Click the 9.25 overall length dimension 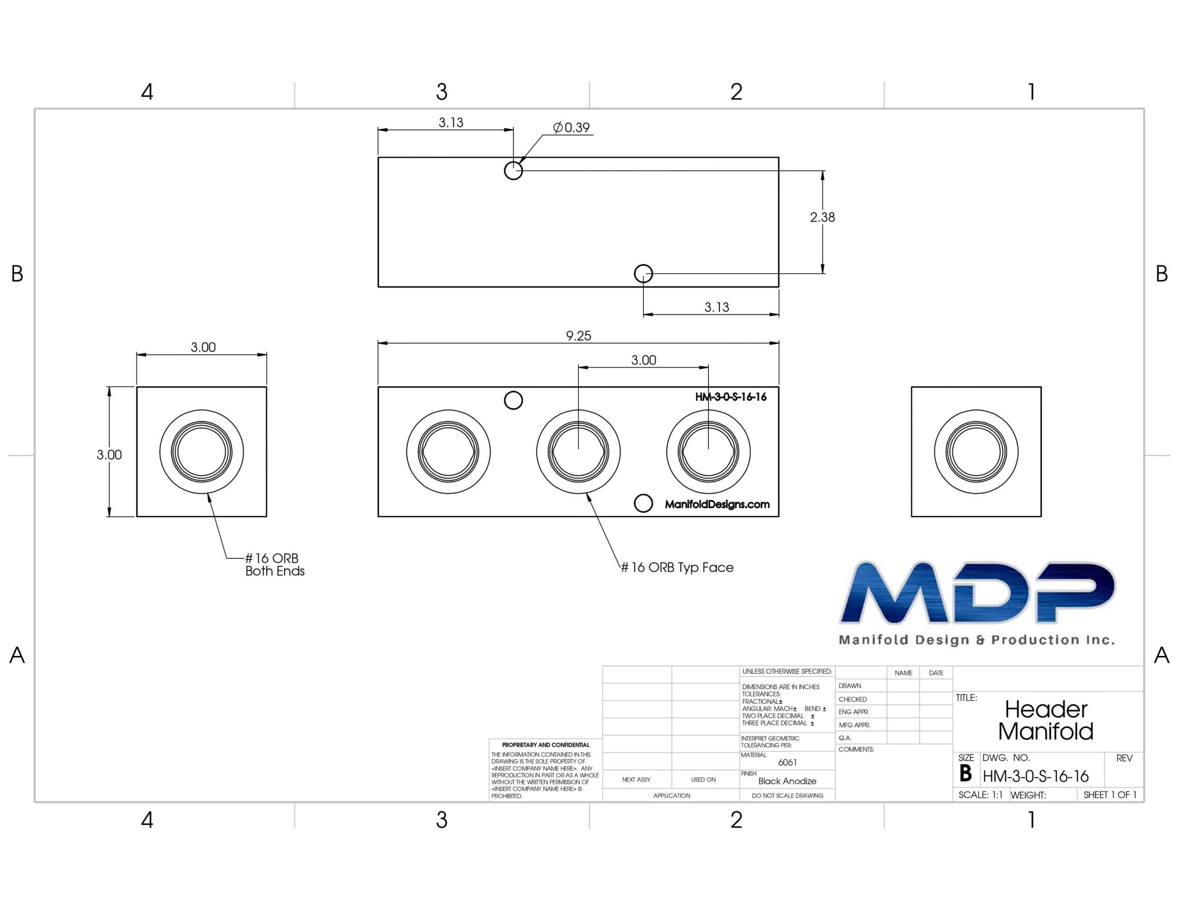point(578,336)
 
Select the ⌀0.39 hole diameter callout point(571,128)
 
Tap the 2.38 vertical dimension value point(822,217)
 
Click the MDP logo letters point(977,592)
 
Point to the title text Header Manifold point(1045,720)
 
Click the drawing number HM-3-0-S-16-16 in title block point(1035,777)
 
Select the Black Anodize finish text point(787,781)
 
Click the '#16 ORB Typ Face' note point(677,567)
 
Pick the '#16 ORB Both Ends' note point(275,565)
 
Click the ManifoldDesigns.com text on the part point(717,504)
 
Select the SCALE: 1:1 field point(981,795)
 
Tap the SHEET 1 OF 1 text point(1110,795)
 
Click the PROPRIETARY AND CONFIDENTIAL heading point(546,745)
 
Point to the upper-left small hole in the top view point(514,171)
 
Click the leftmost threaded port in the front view point(449,451)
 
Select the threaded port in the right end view point(976,451)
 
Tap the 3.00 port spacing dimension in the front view point(643,360)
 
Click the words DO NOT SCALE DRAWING point(788,795)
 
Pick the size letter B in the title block point(966,774)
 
